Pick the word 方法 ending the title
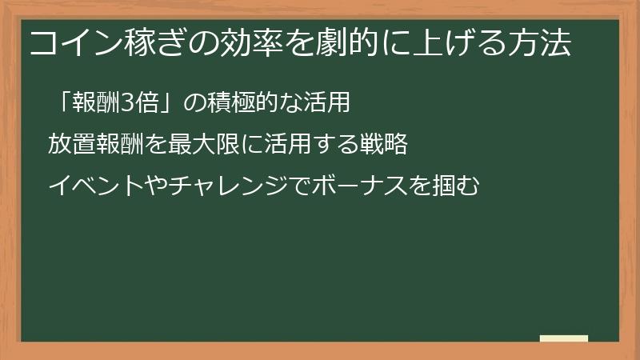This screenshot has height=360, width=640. pos(543,45)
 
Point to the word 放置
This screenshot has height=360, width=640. pos(67,145)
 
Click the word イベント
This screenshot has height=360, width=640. pos(87,186)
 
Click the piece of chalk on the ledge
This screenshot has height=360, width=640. pos(563,338)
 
